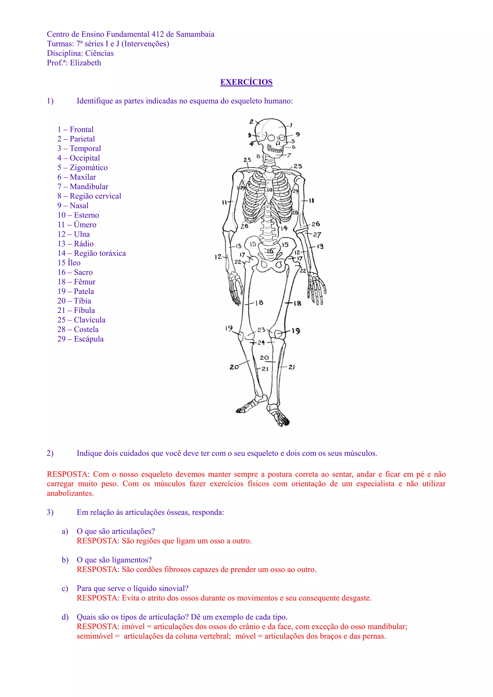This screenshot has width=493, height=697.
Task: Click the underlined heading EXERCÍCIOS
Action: (246, 82)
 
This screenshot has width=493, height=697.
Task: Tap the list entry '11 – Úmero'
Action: (77, 225)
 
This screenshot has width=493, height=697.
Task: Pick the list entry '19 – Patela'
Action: (76, 291)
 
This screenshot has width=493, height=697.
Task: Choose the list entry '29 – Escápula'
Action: (80, 339)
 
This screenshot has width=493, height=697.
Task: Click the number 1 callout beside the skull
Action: (291, 125)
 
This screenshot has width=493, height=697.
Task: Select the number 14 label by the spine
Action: (284, 228)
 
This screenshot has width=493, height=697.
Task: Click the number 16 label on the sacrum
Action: (270, 251)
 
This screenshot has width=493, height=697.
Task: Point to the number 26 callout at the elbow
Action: (316, 224)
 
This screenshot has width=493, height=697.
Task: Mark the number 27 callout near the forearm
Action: (317, 235)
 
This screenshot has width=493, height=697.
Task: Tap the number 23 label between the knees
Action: (261, 330)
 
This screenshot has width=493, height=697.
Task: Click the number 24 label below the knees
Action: (261, 343)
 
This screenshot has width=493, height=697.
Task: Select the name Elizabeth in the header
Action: (86, 63)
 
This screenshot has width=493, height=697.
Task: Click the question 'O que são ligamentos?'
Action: (114, 560)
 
